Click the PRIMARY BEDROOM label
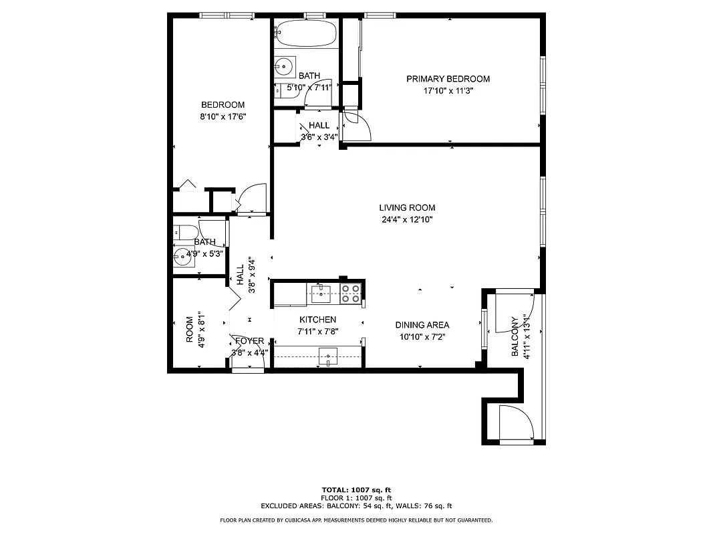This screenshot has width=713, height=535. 448,79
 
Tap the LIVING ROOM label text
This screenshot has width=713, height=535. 407,208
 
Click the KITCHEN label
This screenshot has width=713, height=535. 317,320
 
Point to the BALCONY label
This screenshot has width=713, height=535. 515,336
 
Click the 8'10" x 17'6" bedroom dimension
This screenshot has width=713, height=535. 223,116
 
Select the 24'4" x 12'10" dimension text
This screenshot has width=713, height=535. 407,219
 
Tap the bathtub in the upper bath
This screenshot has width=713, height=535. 306,33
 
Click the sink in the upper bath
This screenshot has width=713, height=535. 284,66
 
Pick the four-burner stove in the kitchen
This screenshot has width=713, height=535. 351,294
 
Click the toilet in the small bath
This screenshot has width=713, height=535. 184,231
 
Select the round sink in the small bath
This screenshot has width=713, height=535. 182,256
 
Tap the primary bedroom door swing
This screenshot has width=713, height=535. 355,126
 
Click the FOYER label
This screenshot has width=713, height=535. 248,341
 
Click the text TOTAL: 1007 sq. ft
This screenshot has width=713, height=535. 356,490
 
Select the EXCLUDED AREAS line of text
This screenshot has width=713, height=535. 356,506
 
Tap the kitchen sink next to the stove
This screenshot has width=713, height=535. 321,290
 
